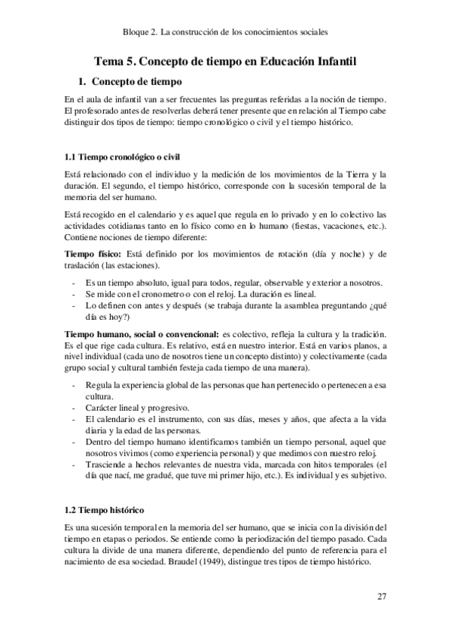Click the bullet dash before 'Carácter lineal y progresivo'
point(71,407)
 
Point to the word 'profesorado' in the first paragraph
point(101,112)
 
